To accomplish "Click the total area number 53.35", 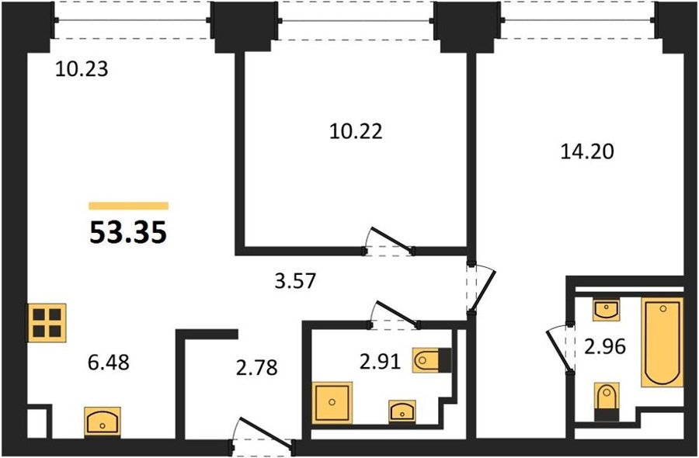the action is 128,233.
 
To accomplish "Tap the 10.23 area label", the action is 82,70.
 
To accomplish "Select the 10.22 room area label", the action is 356,131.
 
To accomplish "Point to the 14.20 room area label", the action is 586,152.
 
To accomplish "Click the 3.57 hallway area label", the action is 295,281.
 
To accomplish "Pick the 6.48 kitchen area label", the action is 109,363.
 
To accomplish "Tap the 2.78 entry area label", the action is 257,368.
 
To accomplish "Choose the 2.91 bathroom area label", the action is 381,362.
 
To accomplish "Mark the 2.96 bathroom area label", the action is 605,347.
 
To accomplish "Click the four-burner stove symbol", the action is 47,323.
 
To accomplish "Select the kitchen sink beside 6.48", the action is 103,421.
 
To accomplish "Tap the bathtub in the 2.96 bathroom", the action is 662,342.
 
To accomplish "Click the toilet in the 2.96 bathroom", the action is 607,401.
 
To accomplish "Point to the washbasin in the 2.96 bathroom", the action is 606,310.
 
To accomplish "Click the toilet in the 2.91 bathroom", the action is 432,360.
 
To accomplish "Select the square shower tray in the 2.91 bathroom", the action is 332,403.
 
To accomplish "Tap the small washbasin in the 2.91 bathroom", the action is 402,411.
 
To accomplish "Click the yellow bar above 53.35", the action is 128,206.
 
